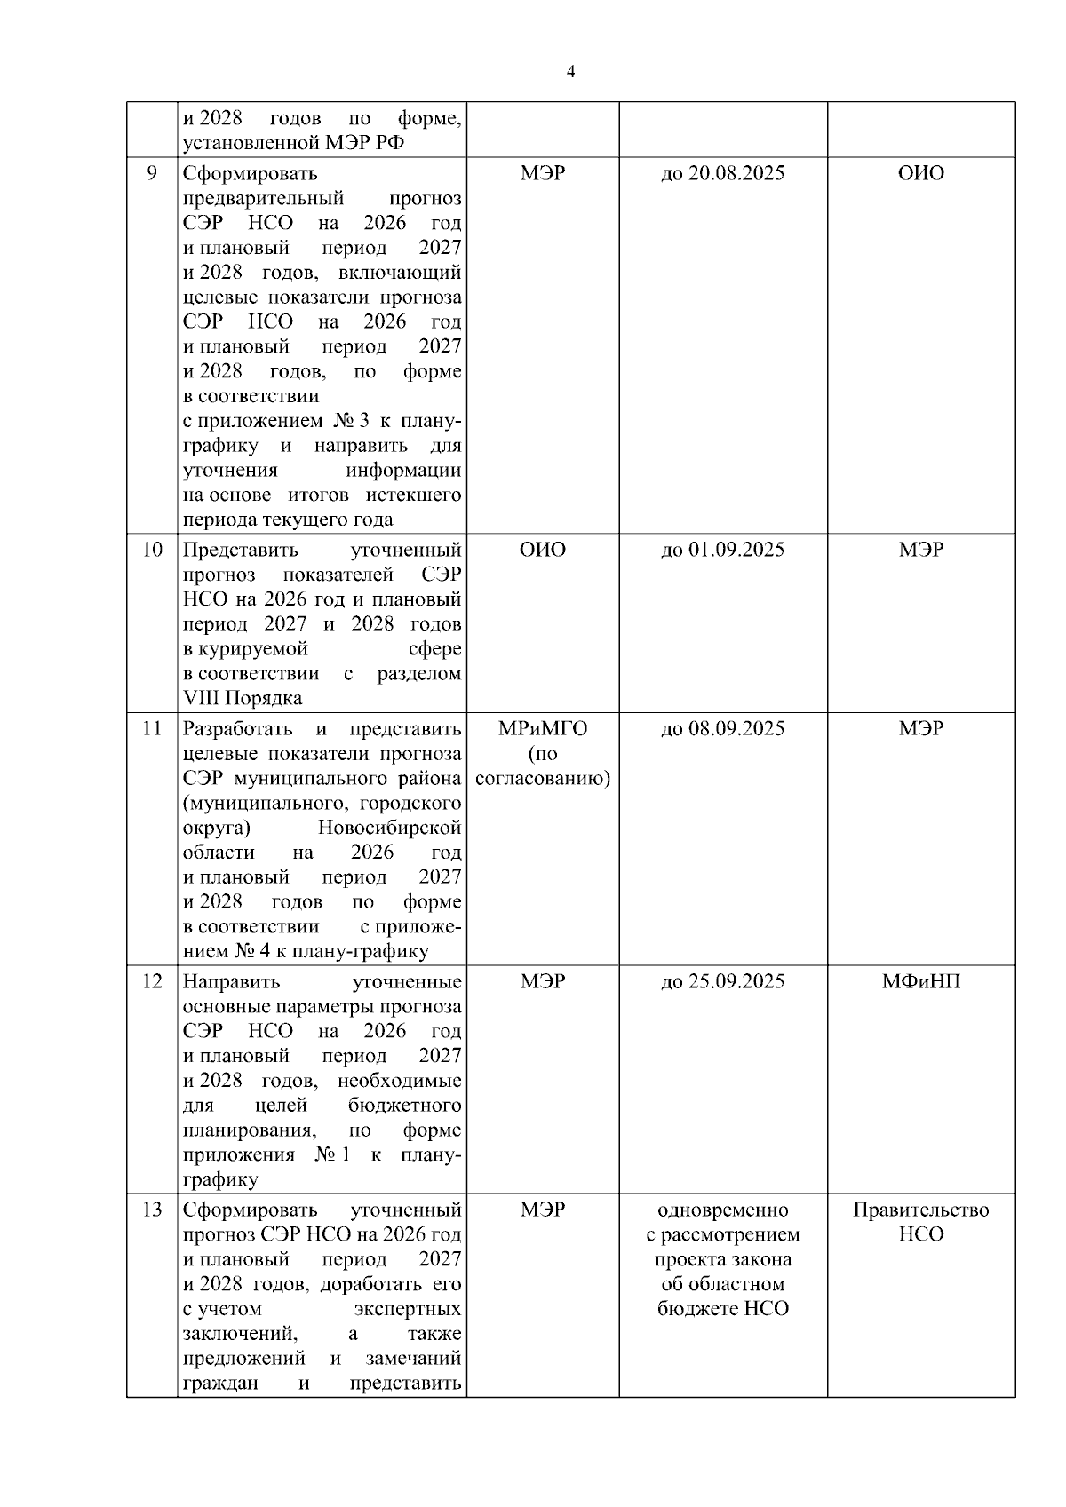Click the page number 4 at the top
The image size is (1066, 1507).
tap(570, 72)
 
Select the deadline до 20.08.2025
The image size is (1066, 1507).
tap(723, 173)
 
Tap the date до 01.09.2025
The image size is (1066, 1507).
tap(723, 550)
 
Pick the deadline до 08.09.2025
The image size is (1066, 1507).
tap(723, 729)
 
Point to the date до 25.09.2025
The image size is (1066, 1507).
tap(723, 981)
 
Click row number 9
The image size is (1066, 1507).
tap(152, 173)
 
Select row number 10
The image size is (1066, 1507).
tap(152, 550)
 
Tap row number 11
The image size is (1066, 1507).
tap(152, 729)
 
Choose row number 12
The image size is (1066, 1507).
tap(152, 981)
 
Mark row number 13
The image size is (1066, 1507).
tap(152, 1210)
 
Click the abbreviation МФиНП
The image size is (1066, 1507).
tap(921, 981)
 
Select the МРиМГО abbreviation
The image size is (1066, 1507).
tap(543, 729)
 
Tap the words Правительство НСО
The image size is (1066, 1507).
tap(921, 1222)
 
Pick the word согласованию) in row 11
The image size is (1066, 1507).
tap(543, 779)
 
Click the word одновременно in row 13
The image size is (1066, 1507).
tap(723, 1210)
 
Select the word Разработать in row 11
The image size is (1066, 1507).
tap(237, 729)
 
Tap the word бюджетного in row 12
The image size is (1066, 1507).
tap(405, 1106)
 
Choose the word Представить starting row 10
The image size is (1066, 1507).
tap(240, 550)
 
